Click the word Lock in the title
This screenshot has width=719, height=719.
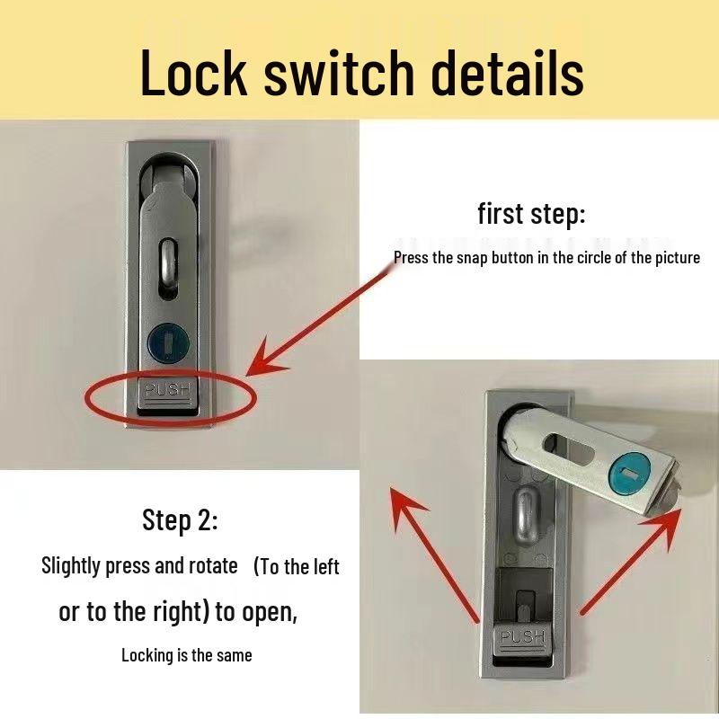click(x=193, y=73)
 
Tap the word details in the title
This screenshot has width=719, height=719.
click(x=507, y=73)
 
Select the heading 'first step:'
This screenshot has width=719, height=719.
click(x=531, y=215)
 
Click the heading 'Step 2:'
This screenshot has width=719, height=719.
click(x=180, y=521)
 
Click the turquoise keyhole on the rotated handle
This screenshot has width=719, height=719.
click(x=631, y=475)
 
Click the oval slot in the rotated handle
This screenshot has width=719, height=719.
click(x=569, y=448)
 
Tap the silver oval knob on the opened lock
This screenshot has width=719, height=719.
click(x=526, y=516)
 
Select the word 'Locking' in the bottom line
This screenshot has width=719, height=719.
click(x=148, y=656)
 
